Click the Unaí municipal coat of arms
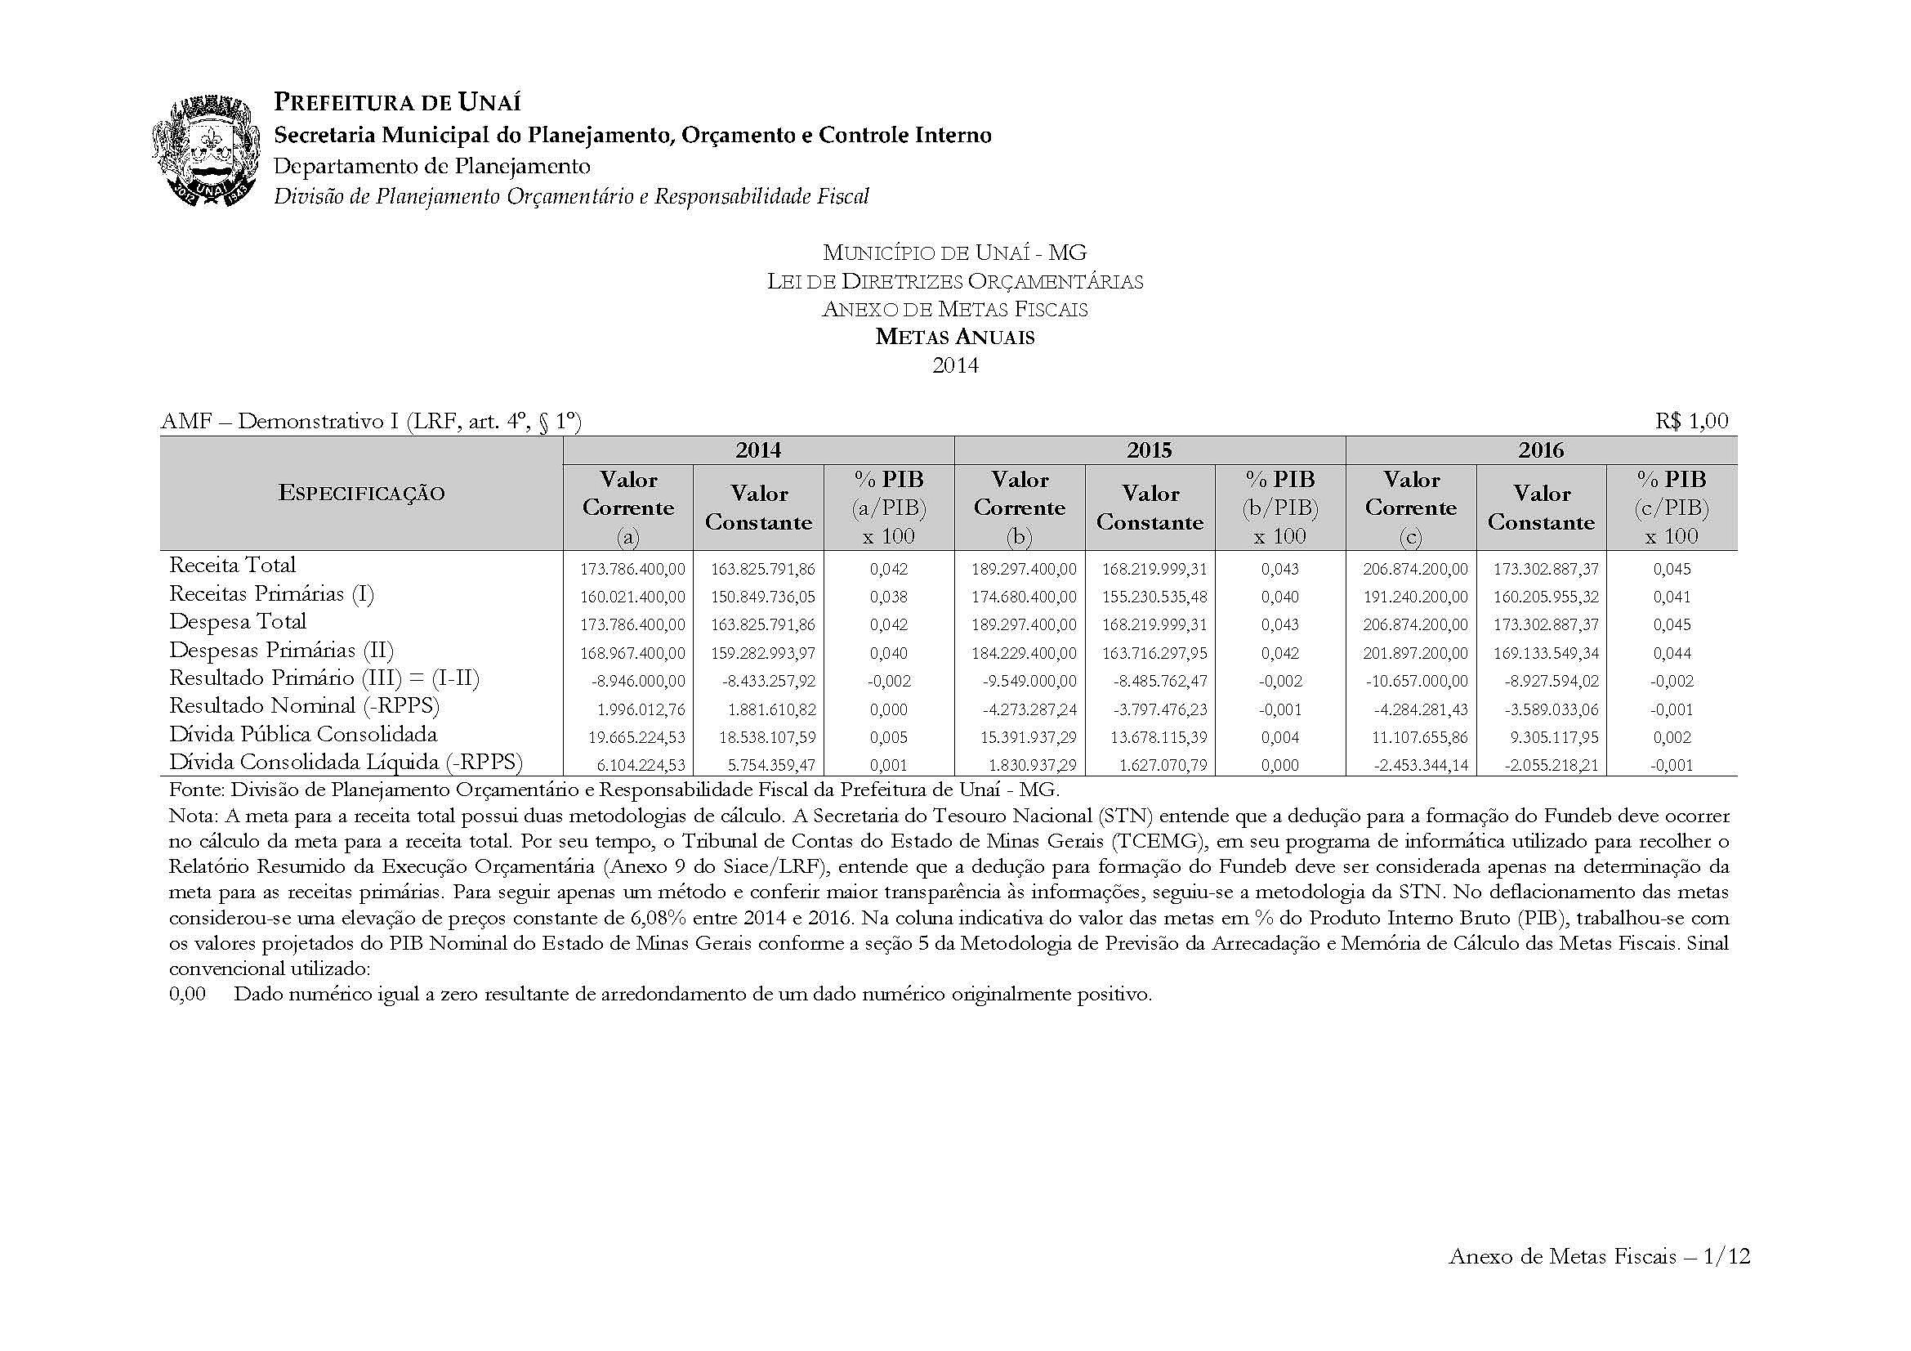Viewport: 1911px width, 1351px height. pos(204,150)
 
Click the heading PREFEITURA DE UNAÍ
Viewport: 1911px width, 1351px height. pos(397,102)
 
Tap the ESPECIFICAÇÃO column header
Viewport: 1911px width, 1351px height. pos(361,493)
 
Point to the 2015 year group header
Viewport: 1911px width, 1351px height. pos(1150,450)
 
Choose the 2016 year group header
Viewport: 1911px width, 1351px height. pos(1541,450)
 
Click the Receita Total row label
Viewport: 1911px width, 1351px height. pos(232,566)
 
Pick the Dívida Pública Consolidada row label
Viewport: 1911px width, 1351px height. pos(303,734)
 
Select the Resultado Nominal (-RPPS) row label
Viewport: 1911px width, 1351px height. pos(304,706)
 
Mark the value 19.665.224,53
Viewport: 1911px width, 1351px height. pos(633,737)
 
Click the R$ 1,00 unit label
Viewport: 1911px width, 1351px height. pos(1691,421)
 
